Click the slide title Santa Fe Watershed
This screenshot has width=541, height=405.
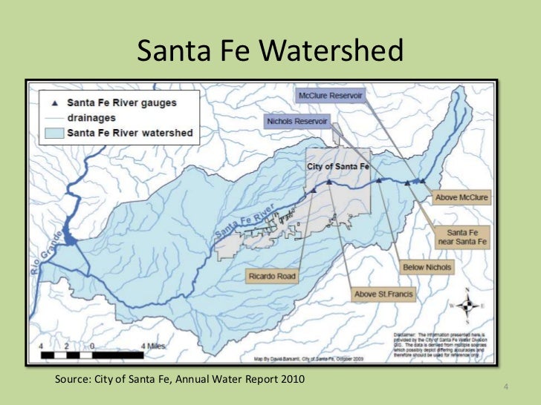(x=270, y=50)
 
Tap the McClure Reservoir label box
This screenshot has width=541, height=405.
(x=329, y=96)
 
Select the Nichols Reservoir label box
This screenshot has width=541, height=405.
(x=298, y=121)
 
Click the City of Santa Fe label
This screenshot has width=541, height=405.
(x=337, y=167)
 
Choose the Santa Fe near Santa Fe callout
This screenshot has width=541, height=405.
(x=467, y=237)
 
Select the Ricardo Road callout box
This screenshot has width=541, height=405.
(x=271, y=277)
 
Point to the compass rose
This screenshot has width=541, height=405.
(x=467, y=305)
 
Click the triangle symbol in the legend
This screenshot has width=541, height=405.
(x=54, y=103)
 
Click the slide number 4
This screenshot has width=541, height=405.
(x=505, y=388)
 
